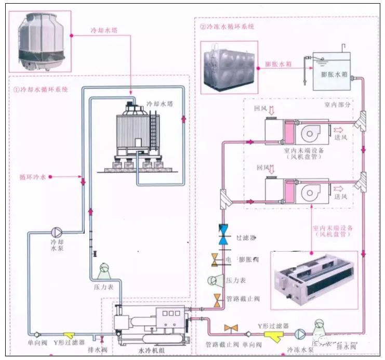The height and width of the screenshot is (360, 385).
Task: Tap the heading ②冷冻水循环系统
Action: pyautogui.click(x=227, y=27)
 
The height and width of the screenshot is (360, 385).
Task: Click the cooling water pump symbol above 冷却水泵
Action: pyautogui.click(x=57, y=233)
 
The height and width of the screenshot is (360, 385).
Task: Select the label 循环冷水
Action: pyautogui.click(x=33, y=177)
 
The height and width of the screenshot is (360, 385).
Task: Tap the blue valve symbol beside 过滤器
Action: pyautogui.click(x=223, y=235)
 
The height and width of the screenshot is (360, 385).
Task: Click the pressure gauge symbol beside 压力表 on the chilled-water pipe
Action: pyautogui.click(x=214, y=280)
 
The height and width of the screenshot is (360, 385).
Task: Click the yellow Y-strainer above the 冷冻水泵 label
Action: pyautogui.click(x=271, y=333)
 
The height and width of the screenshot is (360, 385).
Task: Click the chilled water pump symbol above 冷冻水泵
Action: pyautogui.click(x=300, y=333)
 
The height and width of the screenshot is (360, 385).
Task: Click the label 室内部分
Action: pyautogui.click(x=337, y=105)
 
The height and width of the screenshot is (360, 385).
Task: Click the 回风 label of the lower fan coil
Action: pyautogui.click(x=259, y=168)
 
